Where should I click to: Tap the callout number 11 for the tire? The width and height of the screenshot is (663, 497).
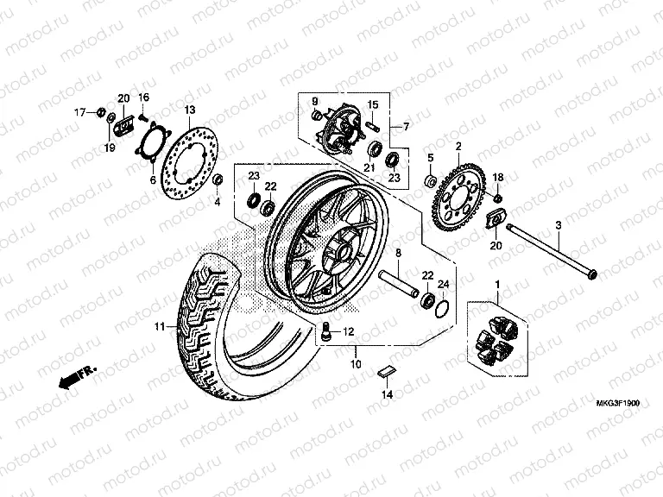coord(159,327)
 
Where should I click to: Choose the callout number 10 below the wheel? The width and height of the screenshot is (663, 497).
coord(355,363)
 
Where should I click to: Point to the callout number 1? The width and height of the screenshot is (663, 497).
coord(496,284)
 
